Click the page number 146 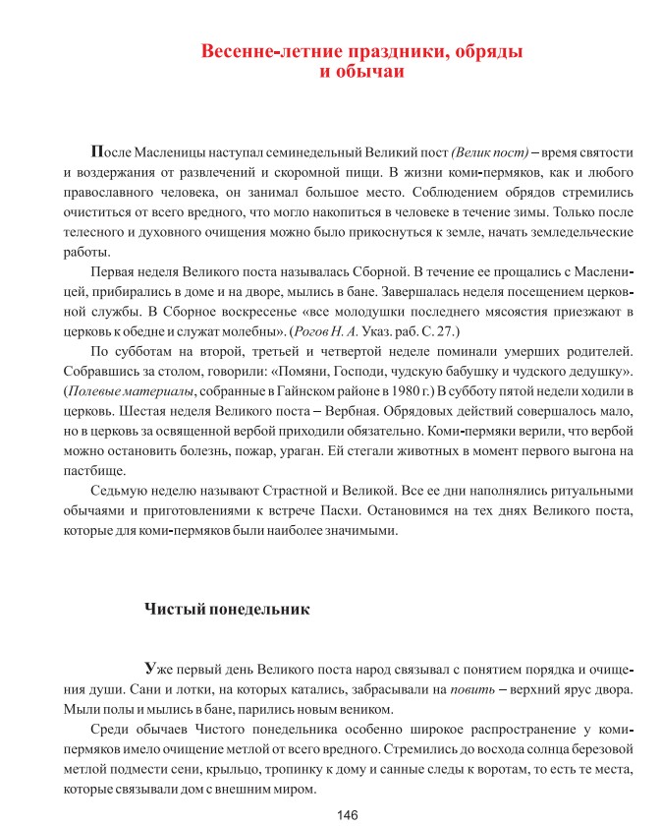pos(347,812)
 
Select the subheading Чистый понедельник pos(227,609)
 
